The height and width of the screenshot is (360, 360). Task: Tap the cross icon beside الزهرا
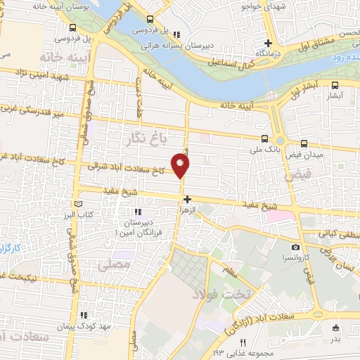tap(187, 200)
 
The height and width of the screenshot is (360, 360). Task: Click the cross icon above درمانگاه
tap(269, 43)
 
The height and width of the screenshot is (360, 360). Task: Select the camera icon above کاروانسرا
tap(296, 247)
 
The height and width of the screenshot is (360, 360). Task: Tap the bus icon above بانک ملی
tap(264, 139)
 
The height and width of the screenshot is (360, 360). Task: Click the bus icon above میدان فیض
tap(304, 141)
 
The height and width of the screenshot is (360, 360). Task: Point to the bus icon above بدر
tap(335, 327)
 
